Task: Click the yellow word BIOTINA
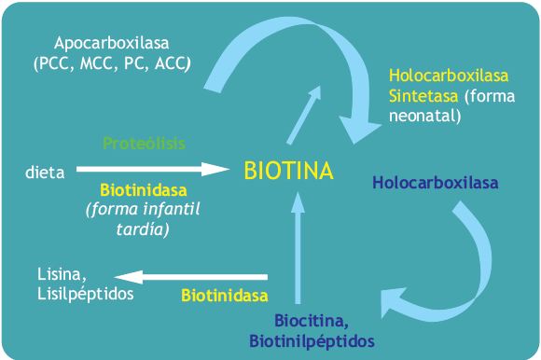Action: pyautogui.click(x=288, y=171)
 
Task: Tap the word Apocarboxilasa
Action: pyautogui.click(x=111, y=44)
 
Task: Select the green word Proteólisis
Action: pyautogui.click(x=145, y=143)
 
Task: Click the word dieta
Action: pyautogui.click(x=45, y=172)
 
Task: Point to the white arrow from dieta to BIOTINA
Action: pyautogui.click(x=152, y=169)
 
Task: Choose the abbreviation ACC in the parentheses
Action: pyautogui.click(x=171, y=63)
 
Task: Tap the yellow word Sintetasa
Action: pyautogui.click(x=423, y=96)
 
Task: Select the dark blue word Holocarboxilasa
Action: pyautogui.click(x=436, y=183)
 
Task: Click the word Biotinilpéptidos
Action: pyautogui.click(x=312, y=341)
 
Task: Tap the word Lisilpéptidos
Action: pyautogui.click(x=85, y=294)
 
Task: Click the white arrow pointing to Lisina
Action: pyautogui.click(x=191, y=277)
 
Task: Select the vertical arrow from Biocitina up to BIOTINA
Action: pyautogui.click(x=298, y=248)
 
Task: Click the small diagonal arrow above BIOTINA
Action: pyautogui.click(x=304, y=115)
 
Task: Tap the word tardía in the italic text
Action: pyautogui.click(x=142, y=229)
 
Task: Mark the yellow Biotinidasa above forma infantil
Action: pyautogui.click(x=144, y=190)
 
